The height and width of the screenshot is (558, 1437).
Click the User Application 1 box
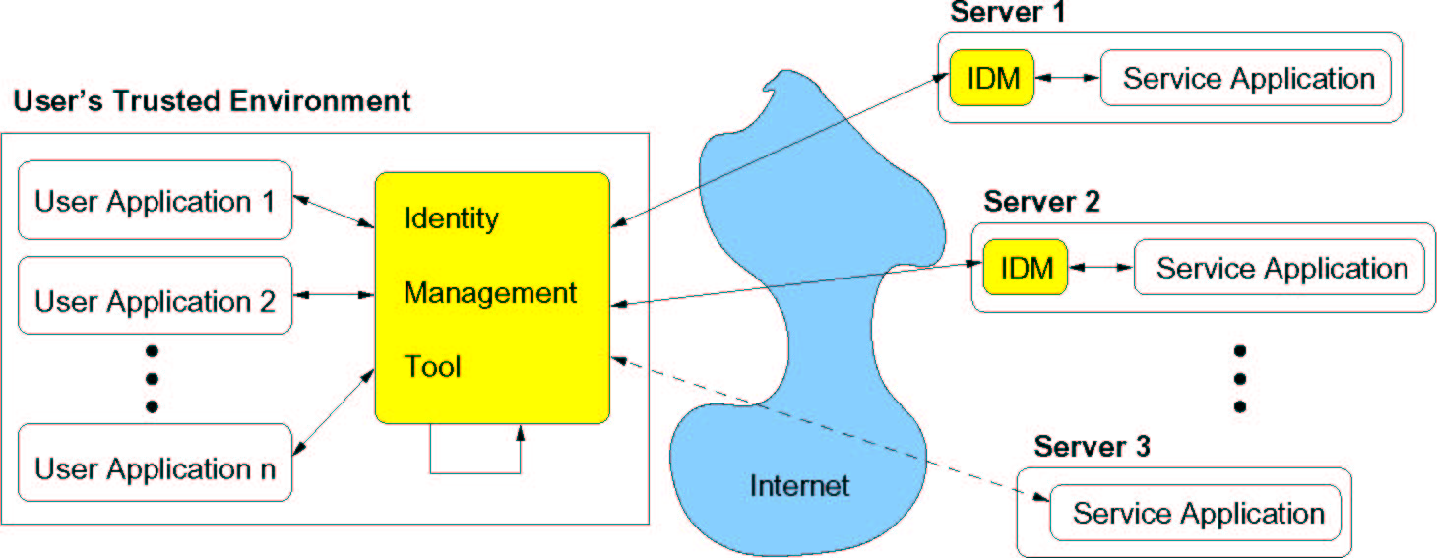click(x=156, y=202)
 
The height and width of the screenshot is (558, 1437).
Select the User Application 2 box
click(x=156, y=300)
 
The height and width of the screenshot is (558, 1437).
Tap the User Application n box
click(x=156, y=467)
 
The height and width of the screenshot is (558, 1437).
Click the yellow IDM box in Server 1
click(x=992, y=78)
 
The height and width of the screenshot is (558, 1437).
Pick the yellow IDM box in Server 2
click(x=1026, y=267)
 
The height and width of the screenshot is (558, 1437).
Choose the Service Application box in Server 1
click(x=1248, y=78)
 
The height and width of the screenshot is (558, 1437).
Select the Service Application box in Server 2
click(x=1281, y=268)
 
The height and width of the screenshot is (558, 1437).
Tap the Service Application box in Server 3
click(x=1197, y=513)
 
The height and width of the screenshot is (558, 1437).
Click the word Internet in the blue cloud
click(x=798, y=485)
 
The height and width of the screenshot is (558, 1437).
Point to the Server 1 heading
click(x=1008, y=13)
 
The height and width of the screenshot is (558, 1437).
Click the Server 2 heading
click(x=1041, y=202)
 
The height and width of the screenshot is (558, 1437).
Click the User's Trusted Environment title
click(x=212, y=100)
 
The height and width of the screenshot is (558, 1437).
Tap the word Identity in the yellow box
click(x=451, y=217)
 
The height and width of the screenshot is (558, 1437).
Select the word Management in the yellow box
click(x=490, y=292)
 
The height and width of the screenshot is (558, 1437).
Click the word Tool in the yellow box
click(x=433, y=367)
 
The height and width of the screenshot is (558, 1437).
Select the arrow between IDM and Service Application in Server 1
click(x=1067, y=77)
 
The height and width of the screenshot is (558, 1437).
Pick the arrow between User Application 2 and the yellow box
click(x=335, y=293)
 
